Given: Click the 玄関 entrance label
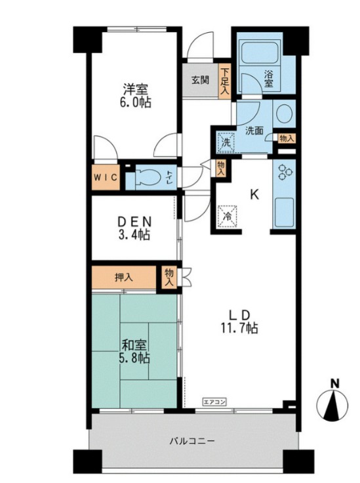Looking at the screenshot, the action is point(200,80).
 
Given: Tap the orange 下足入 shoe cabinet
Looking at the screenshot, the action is point(225,81).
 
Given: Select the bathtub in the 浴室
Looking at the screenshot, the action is point(260,52).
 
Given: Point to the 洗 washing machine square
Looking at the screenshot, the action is point(226,142).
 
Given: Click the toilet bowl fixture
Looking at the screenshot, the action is point(148,178).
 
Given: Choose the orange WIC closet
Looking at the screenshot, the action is point(106,177).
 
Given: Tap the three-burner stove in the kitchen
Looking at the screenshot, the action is point(283,173).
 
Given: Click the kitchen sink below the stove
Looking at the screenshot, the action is point(284,213).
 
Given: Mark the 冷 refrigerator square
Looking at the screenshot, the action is point(228,217).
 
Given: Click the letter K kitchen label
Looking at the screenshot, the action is point(254,195).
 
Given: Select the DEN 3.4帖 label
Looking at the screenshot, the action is point(134,228).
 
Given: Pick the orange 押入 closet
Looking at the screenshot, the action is point(124,278).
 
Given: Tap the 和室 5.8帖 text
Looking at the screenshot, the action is point(134,352).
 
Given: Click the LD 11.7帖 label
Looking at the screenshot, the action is point(239,322).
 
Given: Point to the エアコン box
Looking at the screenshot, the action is point(214,402).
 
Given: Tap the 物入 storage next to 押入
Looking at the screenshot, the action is point(169,277).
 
